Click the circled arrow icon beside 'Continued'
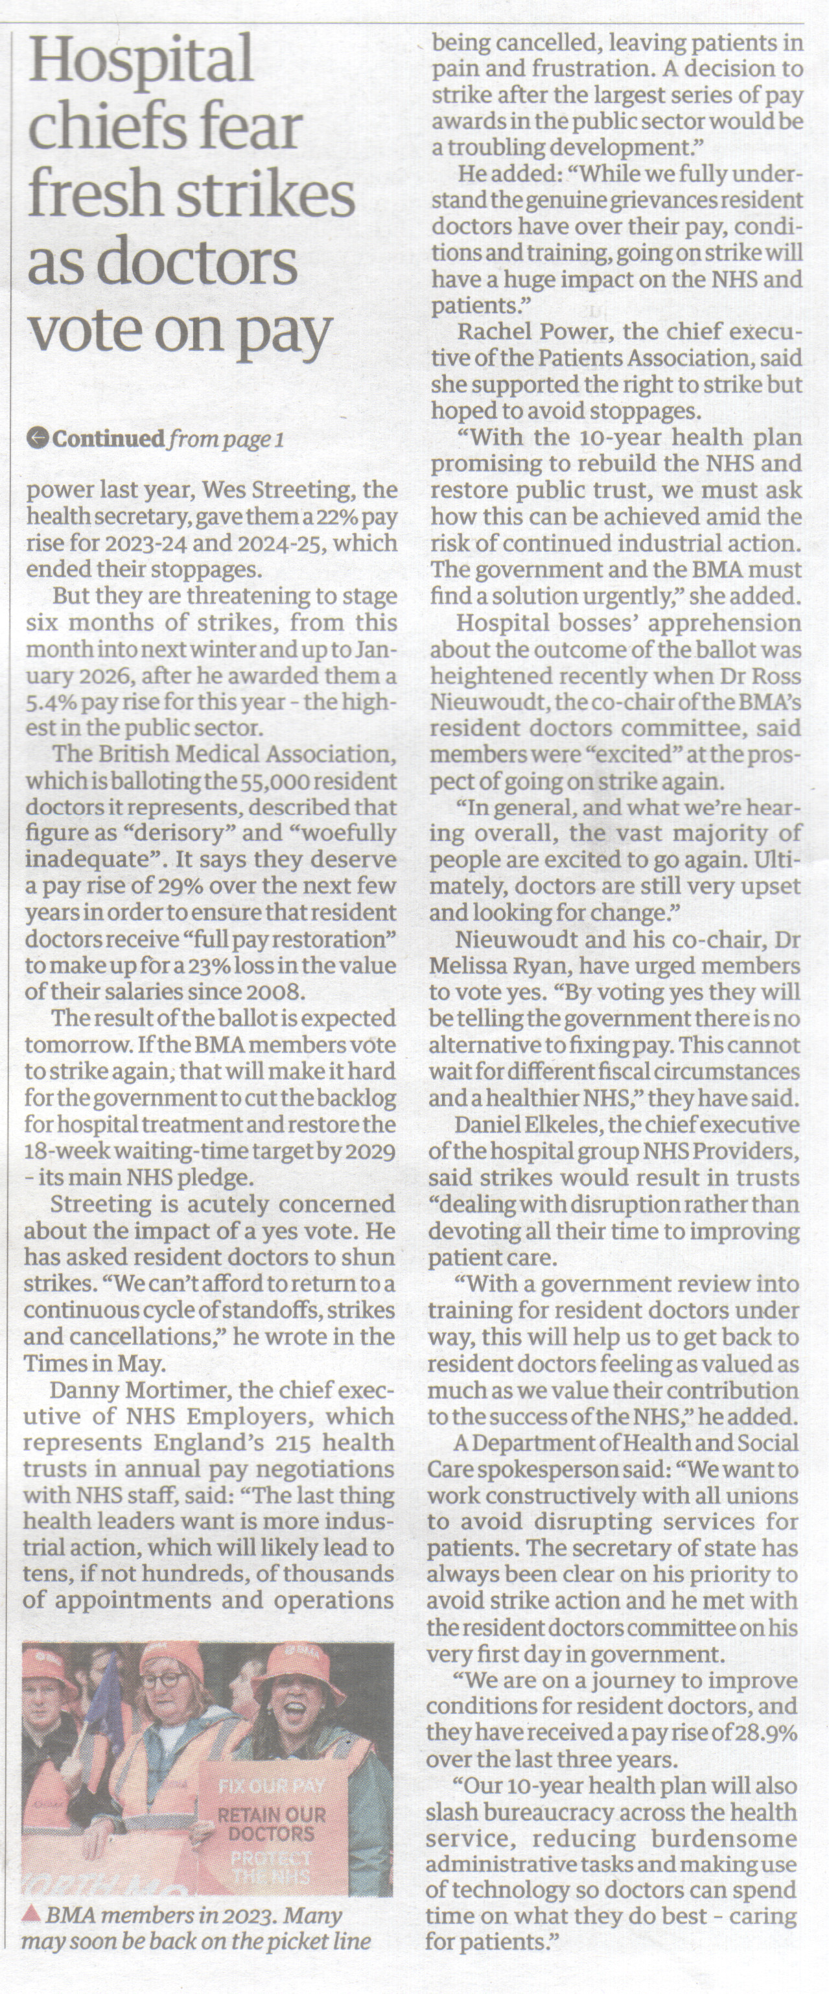36,439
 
